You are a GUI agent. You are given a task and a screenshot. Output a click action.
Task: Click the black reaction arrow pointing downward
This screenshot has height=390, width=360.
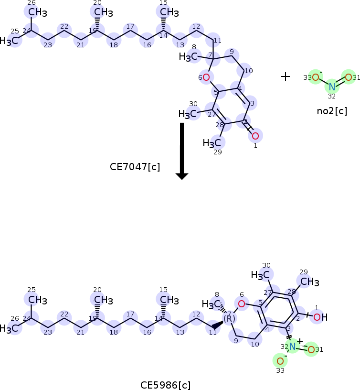[182, 151]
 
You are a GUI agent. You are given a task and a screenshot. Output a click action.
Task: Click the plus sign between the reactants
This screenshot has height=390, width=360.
[286, 76]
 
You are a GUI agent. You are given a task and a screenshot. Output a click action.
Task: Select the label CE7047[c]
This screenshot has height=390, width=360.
[135, 167]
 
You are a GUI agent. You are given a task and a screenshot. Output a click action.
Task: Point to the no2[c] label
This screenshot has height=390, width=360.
[332, 111]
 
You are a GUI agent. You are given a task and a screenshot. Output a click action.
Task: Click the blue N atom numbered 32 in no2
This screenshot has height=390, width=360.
[332, 87]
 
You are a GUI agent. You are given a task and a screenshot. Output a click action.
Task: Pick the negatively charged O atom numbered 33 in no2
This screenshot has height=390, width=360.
[315, 77]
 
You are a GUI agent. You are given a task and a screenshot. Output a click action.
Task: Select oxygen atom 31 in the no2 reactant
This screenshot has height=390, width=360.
[349, 77]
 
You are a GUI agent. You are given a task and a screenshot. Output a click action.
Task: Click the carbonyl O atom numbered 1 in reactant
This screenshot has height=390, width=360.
[255, 136]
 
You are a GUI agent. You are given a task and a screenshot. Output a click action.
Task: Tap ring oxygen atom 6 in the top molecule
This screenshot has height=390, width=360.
[206, 77]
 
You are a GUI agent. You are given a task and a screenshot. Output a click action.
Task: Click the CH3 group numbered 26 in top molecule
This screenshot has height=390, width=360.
[32, 12]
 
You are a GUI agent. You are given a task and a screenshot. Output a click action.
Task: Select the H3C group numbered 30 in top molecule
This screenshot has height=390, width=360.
[188, 114]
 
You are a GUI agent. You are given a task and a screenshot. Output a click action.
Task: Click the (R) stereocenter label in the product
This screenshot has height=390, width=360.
[229, 318]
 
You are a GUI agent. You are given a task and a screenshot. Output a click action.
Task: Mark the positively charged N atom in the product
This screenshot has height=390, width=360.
[292, 346]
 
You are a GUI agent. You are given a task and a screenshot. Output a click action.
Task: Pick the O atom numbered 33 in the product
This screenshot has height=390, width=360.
[280, 361]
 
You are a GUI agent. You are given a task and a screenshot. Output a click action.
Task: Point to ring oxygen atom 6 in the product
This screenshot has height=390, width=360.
[242, 303]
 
